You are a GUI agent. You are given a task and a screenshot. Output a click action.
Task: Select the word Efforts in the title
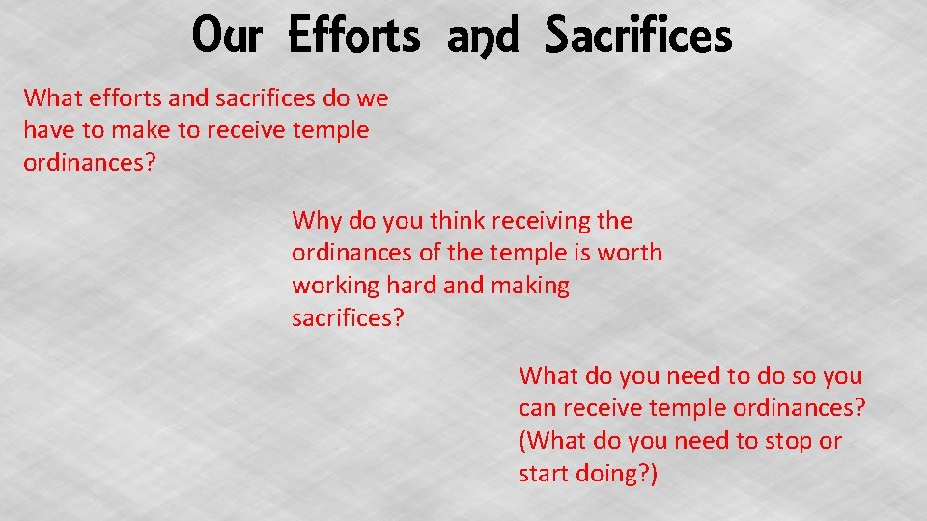(x=354, y=37)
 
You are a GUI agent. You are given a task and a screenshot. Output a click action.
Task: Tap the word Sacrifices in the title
(x=638, y=37)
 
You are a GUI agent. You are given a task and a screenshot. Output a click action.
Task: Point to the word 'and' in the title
(x=483, y=37)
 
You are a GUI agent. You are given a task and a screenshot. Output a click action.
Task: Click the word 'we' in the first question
(x=371, y=97)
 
